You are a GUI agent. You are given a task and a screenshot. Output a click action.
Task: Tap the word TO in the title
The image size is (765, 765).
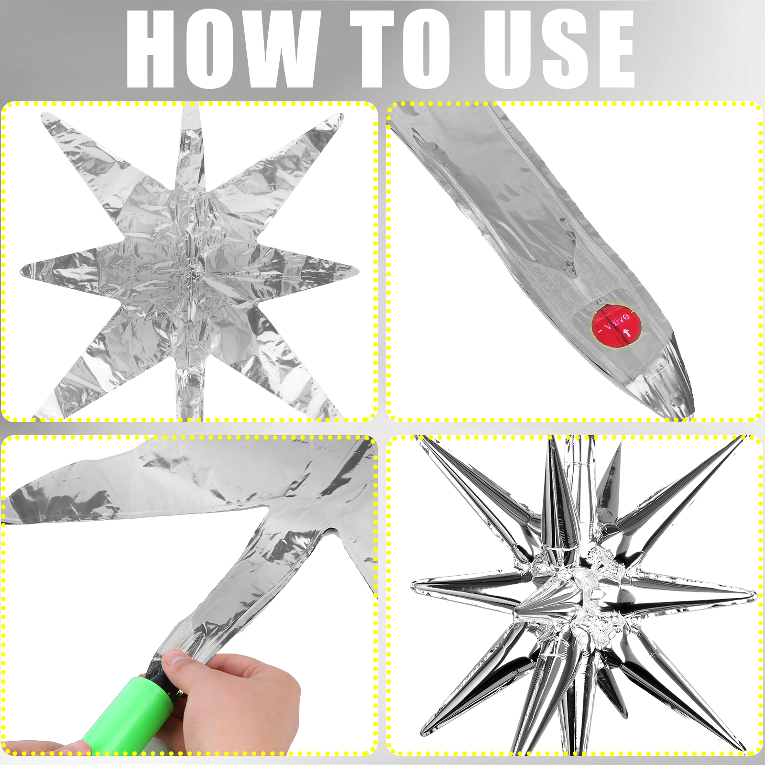pos(401,50)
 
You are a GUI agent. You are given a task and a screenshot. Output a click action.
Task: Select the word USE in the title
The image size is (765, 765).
pos(559,50)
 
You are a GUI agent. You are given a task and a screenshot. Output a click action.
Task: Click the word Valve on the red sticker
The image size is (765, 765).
pos(617,319)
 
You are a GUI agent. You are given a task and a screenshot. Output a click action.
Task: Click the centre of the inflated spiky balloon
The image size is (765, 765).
pos(579,593)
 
